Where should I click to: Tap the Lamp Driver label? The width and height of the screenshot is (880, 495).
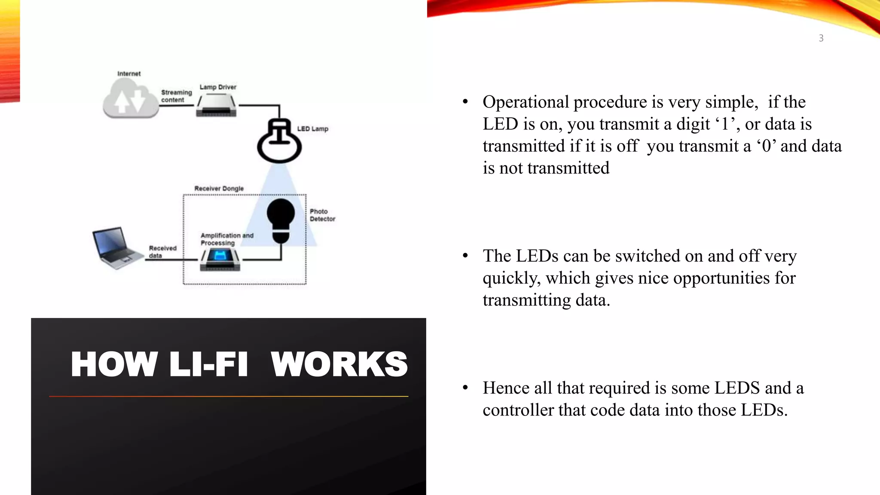[x=218, y=87]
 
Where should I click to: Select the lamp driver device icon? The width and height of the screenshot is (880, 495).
[x=216, y=106]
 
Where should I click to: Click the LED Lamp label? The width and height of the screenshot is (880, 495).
[x=312, y=129]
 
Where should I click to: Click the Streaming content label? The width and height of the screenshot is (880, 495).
[x=176, y=96]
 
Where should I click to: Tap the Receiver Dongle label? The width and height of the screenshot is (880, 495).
[x=219, y=189]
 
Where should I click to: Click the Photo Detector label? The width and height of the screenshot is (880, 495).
[x=322, y=215]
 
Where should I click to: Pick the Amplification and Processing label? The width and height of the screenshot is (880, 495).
[x=227, y=239]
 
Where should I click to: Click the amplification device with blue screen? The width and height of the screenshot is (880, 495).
[x=220, y=259]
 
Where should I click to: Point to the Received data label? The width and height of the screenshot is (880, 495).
[x=162, y=252]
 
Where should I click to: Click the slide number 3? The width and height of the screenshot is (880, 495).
[x=821, y=38]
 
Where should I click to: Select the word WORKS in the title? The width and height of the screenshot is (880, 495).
[x=339, y=364]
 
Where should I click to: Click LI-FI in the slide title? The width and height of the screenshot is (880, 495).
[x=209, y=364]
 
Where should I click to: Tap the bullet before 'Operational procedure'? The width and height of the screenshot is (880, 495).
[x=465, y=102]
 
